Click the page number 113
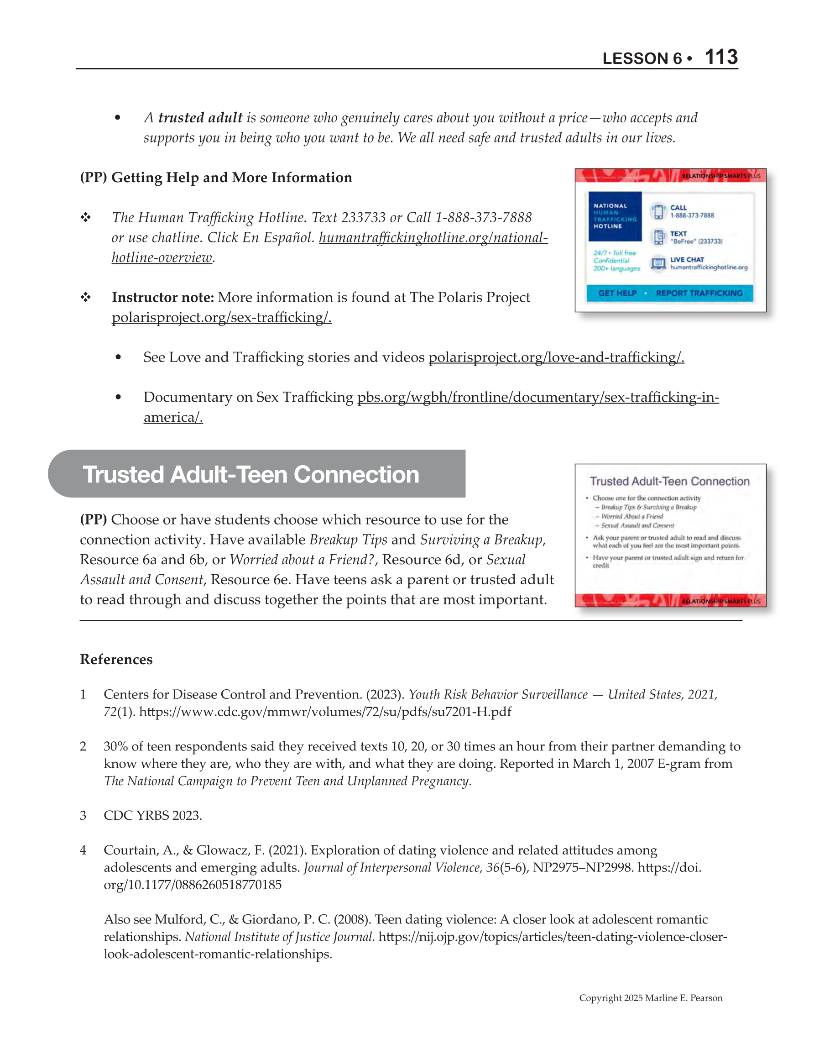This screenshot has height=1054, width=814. [x=721, y=57]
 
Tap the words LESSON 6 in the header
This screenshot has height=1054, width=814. [x=642, y=58]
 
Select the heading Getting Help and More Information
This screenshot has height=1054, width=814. [x=232, y=178]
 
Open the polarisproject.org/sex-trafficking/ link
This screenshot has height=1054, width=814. [x=221, y=318]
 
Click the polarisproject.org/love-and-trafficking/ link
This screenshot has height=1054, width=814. [x=556, y=357]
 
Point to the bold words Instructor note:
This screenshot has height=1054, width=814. [x=162, y=297]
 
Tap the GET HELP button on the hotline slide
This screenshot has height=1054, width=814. [x=617, y=293]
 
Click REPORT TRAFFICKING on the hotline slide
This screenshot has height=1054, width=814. [x=699, y=293]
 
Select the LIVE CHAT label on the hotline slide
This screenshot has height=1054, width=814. [x=687, y=259]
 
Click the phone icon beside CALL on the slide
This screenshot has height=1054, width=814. [x=658, y=211]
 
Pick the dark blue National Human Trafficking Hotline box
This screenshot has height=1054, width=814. [x=615, y=216]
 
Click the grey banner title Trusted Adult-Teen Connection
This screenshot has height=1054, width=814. [x=251, y=474]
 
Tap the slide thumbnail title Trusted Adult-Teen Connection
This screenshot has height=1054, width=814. [x=669, y=481]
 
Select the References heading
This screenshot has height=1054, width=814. [x=116, y=659]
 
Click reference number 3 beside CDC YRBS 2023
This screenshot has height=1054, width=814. [x=83, y=816]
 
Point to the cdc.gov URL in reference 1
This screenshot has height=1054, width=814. [x=325, y=712]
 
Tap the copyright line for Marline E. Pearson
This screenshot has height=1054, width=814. [x=651, y=998]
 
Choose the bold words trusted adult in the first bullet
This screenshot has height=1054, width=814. [x=200, y=118]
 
